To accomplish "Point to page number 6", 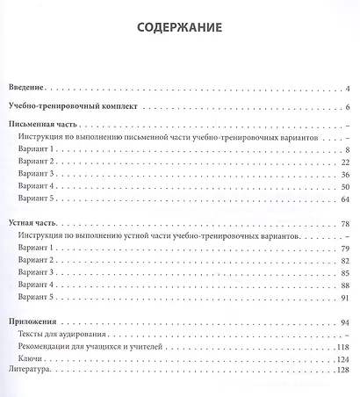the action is pyautogui.click(x=348, y=107).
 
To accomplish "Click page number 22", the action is pyautogui.click(x=346, y=162).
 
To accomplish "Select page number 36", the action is pyautogui.click(x=346, y=175).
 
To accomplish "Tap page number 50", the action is pyautogui.click(x=346, y=187).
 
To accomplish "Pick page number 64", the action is pyautogui.click(x=346, y=199).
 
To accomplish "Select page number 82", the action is pyautogui.click(x=346, y=261).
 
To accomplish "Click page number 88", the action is pyautogui.click(x=346, y=285).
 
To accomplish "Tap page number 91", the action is pyautogui.click(x=346, y=298).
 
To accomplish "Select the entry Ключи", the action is pyautogui.click(x=31, y=360).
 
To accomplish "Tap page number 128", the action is pyautogui.click(x=344, y=372).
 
